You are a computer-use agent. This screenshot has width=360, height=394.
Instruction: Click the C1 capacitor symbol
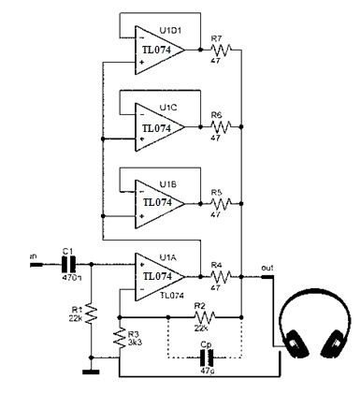(68, 263)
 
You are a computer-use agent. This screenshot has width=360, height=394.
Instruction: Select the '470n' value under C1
(68, 278)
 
